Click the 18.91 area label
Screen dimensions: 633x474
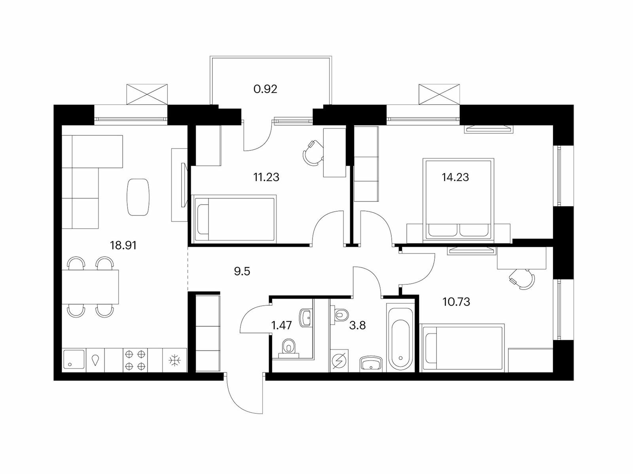(x=123, y=245)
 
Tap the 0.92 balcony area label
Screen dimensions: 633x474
(x=265, y=89)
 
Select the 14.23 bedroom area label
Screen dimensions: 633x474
(x=455, y=177)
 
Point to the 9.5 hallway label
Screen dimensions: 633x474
(x=242, y=271)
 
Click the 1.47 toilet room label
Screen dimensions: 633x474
(x=282, y=325)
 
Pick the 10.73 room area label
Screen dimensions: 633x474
(x=456, y=302)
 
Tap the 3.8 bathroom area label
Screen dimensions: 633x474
(x=358, y=325)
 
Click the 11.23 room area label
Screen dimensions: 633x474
(x=266, y=177)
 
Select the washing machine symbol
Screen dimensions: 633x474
(x=339, y=361)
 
